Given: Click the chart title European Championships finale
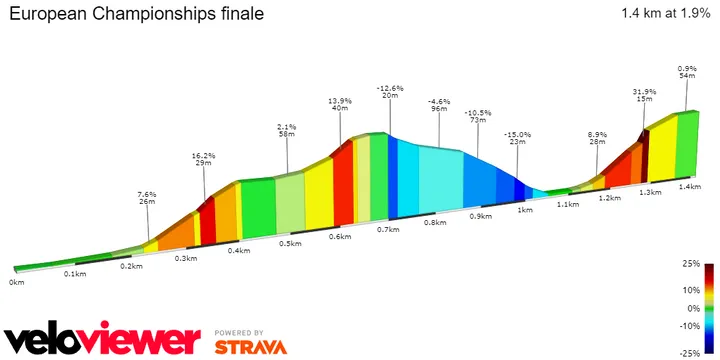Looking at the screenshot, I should [136, 14].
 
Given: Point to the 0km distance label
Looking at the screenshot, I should [15, 283].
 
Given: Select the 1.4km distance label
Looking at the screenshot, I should [688, 186].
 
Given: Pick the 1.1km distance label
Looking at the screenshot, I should [568, 204].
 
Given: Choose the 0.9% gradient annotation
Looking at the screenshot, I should [686, 70].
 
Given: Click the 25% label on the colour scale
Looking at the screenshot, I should [690, 264].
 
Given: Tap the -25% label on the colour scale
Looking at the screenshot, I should [688, 353].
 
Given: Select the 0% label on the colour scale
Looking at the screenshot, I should [692, 308].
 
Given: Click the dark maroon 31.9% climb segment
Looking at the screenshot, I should [645, 150].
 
